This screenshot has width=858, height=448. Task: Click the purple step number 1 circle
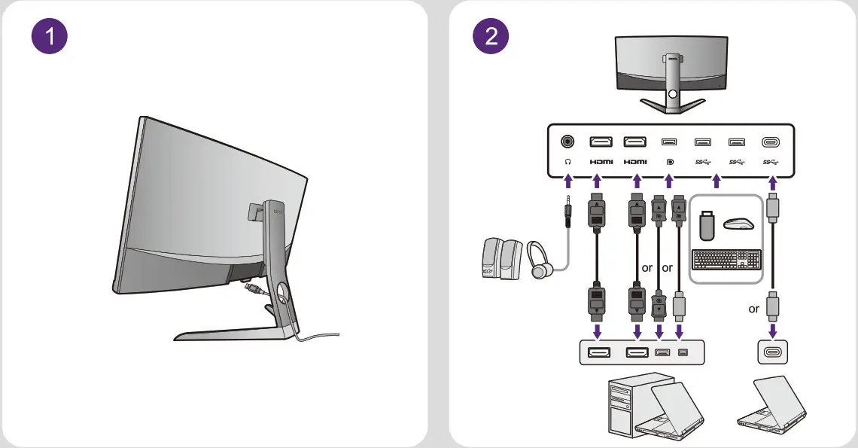pyautogui.click(x=50, y=38)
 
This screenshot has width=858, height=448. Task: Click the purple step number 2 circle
pyautogui.click(x=491, y=38)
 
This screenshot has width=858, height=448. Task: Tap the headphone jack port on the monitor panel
pyautogui.click(x=567, y=141)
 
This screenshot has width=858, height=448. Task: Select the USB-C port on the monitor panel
pyautogui.click(x=771, y=142)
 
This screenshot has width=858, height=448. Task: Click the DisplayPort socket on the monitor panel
pyautogui.click(x=668, y=142)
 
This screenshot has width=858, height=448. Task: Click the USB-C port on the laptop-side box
pyautogui.click(x=771, y=352)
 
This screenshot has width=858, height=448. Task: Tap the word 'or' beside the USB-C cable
pyautogui.click(x=754, y=309)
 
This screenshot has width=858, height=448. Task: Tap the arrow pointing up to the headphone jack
pyautogui.click(x=567, y=181)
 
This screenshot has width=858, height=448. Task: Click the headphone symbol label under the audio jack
pyautogui.click(x=567, y=162)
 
